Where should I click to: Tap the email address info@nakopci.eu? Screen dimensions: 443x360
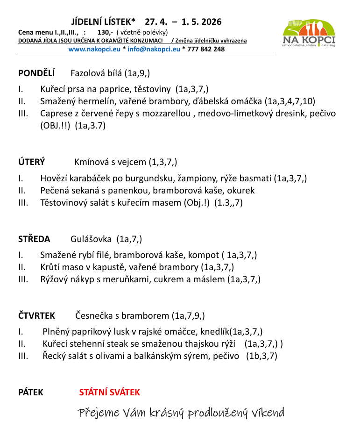154,49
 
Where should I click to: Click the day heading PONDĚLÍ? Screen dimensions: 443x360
36,73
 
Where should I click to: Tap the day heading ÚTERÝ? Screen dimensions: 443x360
31,162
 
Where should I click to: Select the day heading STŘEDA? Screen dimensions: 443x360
34,239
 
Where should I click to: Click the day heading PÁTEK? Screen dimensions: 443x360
30,393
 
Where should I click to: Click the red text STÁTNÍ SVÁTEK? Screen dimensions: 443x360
109,393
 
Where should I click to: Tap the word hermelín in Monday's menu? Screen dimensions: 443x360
94,101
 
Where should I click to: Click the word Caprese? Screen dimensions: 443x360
56,113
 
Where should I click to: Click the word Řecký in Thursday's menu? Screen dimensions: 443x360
54,356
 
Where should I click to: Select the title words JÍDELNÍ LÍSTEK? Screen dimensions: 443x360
103,21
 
